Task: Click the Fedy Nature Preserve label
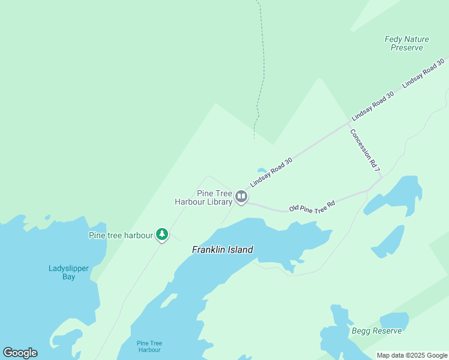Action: pyautogui.click(x=406, y=43)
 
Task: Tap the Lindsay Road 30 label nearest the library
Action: pyautogui.click(x=271, y=172)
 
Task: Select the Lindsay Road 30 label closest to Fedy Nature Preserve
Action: pyautogui.click(x=423, y=73)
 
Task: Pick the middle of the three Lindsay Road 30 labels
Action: pyautogui.click(x=373, y=106)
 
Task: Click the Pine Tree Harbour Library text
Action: pyautogui.click(x=203, y=197)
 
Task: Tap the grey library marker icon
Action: pyautogui.click(x=241, y=196)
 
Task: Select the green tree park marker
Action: pyautogui.click(x=161, y=234)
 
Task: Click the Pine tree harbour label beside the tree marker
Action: pyautogui.click(x=121, y=235)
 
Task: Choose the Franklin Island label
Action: pyautogui.click(x=222, y=250)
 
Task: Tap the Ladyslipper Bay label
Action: pyautogui.click(x=70, y=272)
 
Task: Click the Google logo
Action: pyautogui.click(x=20, y=353)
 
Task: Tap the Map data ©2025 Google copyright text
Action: pyautogui.click(x=412, y=355)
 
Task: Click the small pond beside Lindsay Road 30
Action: pyautogui.click(x=262, y=171)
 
